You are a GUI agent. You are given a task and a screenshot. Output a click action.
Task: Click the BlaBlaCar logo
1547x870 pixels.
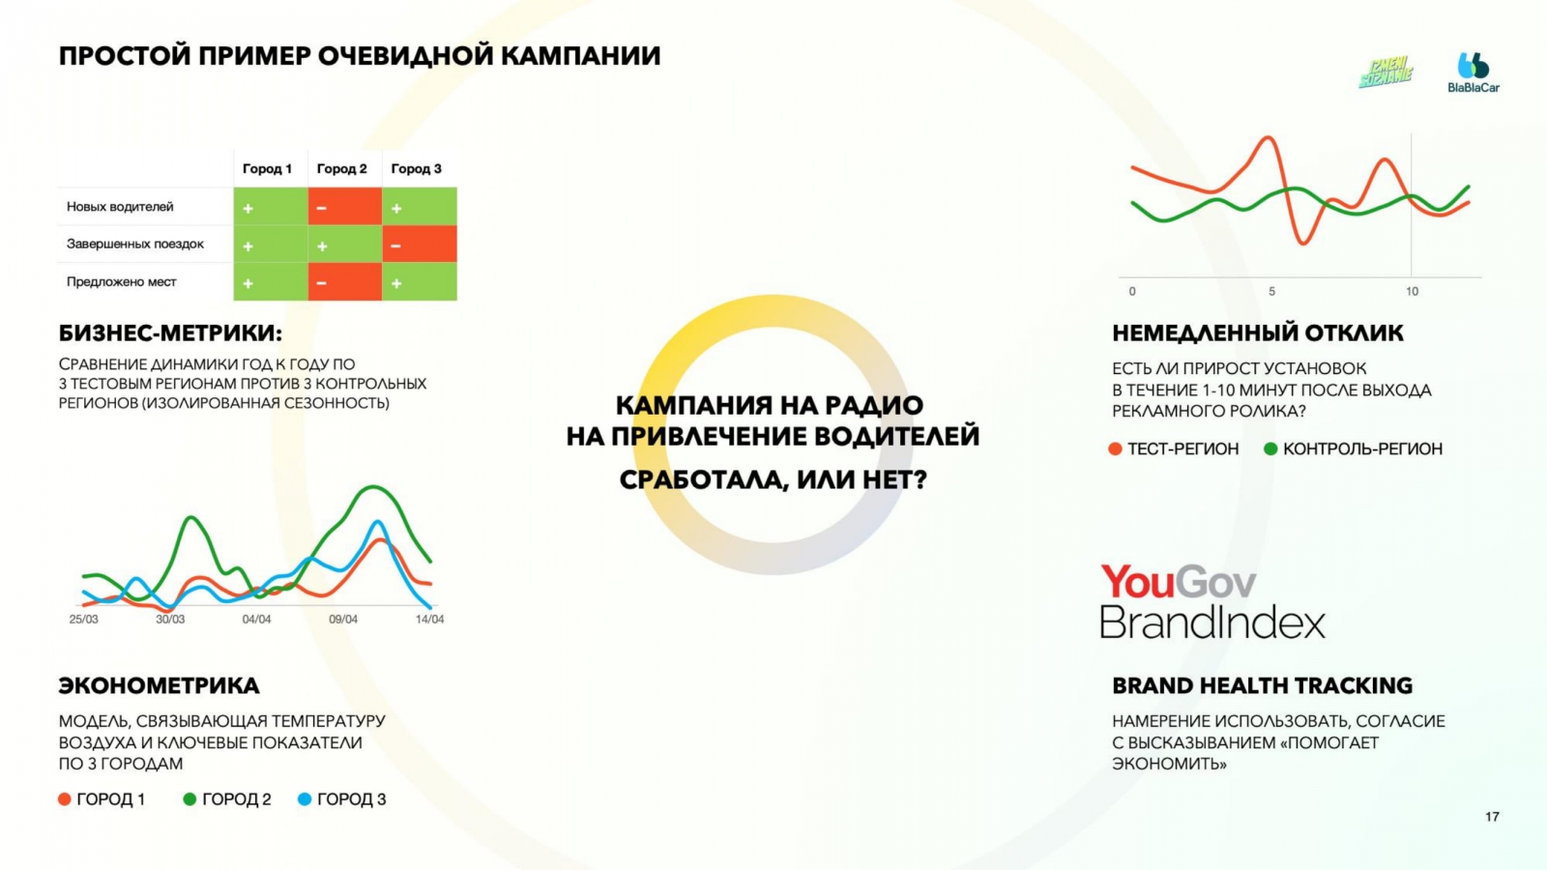[x=1474, y=72]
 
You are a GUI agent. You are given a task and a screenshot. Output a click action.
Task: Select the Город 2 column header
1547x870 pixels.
[x=342, y=168]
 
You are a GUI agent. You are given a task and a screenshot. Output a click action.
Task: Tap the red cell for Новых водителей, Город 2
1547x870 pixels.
[x=344, y=207]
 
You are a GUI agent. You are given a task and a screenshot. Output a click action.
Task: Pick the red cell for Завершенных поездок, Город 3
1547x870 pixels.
[x=420, y=245]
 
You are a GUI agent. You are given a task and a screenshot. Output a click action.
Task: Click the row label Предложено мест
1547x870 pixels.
[x=122, y=281]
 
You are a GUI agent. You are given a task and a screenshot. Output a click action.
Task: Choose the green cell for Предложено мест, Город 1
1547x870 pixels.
[x=271, y=281]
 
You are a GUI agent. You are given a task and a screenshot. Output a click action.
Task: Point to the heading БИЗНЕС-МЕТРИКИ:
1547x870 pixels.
[x=170, y=333]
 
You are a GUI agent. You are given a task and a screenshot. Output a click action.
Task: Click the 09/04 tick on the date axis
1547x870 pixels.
[x=343, y=620]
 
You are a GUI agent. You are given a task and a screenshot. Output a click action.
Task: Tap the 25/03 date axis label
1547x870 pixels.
[x=83, y=620]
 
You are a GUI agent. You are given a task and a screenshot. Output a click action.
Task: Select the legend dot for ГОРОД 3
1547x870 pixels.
[x=305, y=798]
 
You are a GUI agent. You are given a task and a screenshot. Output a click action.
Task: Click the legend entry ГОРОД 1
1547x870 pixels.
[x=102, y=798]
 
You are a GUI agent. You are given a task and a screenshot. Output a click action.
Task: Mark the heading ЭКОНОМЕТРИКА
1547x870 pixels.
[x=160, y=685]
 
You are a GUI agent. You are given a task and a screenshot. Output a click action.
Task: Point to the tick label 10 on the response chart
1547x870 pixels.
[x=1413, y=291]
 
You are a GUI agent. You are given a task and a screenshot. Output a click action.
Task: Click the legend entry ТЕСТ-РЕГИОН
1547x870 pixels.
[x=1174, y=449]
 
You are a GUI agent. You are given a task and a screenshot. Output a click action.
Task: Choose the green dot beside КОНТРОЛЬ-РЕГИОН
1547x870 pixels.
[x=1270, y=449]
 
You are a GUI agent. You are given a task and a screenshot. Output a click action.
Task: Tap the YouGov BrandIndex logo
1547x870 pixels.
[x=1212, y=600]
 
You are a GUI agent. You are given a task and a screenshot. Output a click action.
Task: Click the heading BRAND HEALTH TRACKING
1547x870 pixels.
[x=1263, y=685]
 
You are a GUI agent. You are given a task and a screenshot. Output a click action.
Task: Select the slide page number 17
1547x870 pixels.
[x=1493, y=817]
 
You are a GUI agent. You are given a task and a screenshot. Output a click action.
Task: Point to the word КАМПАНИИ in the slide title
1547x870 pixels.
[x=581, y=56]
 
